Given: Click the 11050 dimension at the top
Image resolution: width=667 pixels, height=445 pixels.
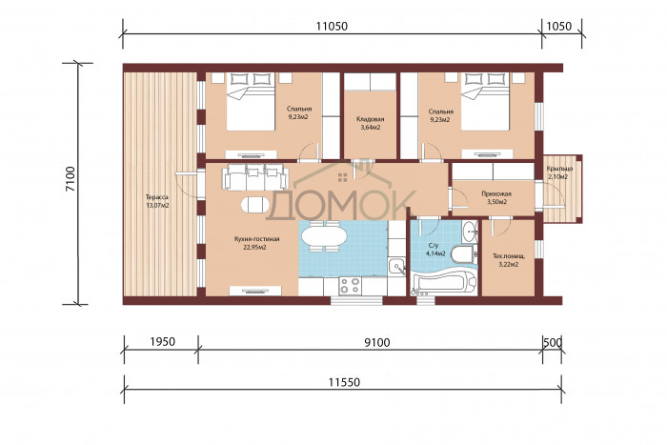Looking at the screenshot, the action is [332, 27].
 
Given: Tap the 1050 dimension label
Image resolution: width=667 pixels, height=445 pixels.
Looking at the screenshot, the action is [559, 27].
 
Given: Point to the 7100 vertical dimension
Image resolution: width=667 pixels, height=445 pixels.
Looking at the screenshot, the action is [71, 179].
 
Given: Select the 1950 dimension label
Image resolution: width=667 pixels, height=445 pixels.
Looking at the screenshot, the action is [163, 342].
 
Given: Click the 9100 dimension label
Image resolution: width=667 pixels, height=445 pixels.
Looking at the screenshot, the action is [377, 342].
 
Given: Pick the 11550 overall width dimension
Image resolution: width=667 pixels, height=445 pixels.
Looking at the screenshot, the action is [344, 382].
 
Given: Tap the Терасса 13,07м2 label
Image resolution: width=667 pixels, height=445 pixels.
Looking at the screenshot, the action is [157, 201].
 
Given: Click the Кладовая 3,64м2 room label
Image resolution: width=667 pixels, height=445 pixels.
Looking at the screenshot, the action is [369, 123].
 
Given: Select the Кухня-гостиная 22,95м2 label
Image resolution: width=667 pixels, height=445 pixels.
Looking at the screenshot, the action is [256, 243].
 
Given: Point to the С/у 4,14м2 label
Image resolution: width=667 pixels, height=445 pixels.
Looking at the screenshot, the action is [435, 250].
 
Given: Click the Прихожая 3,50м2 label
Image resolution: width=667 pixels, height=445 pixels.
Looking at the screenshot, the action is [496, 197].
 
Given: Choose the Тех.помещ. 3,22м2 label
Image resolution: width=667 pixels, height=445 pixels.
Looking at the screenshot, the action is [508, 260].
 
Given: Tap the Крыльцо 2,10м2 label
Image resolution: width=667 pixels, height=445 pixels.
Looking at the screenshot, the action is [559, 172].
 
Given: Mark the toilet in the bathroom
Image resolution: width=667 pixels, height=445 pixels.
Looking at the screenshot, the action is [462, 253].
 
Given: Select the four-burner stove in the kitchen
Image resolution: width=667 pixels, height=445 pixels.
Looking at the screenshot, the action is [350, 286].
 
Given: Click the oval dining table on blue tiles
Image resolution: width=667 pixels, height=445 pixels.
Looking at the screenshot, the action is [323, 236].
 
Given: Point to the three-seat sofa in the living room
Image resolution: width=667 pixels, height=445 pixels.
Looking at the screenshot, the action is [255, 176].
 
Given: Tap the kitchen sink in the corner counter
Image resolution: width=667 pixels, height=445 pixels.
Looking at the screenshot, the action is [397, 267].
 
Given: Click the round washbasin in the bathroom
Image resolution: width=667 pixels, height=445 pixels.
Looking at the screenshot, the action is [471, 232].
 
